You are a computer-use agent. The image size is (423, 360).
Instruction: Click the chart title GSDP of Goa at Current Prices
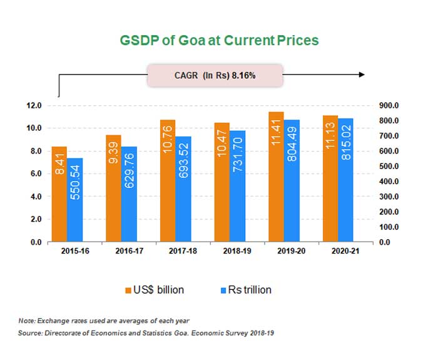[x=219, y=40]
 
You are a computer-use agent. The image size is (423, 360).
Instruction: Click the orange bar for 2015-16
[x=59, y=194]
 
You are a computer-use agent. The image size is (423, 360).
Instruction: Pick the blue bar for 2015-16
[x=75, y=200]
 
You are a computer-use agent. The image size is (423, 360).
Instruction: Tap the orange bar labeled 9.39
[x=113, y=188]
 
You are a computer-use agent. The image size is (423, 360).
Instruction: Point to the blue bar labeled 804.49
[x=292, y=181]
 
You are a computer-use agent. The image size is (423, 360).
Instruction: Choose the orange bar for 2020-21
[x=330, y=178]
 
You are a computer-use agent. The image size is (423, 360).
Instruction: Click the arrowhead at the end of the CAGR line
[x=361, y=75]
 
